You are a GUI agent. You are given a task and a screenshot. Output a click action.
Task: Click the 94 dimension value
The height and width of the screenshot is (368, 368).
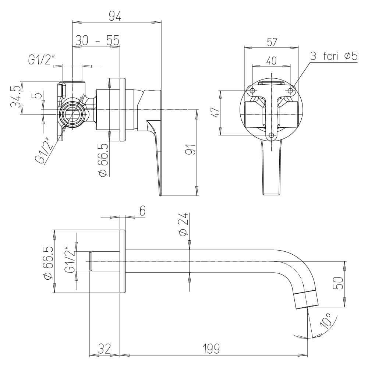[117, 16]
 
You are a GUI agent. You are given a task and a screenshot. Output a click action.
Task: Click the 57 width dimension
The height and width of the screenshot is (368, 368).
[272, 42]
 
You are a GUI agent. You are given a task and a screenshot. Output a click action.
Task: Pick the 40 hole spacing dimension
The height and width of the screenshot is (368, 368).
[271, 61]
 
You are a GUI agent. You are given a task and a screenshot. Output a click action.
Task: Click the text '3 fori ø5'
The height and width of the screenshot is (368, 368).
[334, 56]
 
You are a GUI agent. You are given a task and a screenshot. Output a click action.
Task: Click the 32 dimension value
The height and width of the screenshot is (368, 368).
[105, 347]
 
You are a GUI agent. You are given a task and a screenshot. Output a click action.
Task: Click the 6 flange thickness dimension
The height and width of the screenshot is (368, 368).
[142, 210]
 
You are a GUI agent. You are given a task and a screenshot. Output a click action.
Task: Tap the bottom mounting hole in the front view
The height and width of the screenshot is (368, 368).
[272, 135]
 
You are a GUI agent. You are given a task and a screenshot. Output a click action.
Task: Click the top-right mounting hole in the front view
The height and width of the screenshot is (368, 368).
[290, 90]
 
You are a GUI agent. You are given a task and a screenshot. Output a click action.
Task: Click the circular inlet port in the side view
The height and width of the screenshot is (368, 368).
[73, 113]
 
